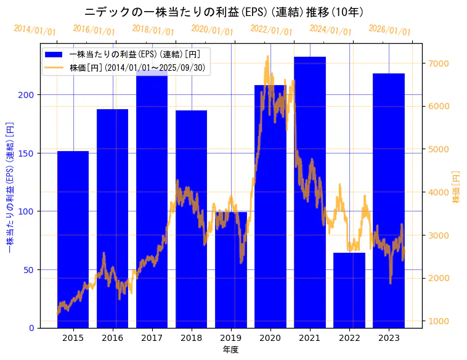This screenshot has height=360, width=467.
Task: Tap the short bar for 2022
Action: (349, 290)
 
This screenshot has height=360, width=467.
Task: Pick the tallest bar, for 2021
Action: (310, 192)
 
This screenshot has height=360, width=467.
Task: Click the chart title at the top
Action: (224, 12)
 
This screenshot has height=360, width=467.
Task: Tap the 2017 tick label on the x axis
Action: (152, 338)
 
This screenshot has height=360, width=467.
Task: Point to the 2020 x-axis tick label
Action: (270, 338)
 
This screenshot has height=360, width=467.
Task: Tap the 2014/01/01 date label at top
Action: (35, 30)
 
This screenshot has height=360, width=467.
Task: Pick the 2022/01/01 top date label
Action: (271, 30)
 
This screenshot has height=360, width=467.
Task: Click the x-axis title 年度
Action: (231, 350)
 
